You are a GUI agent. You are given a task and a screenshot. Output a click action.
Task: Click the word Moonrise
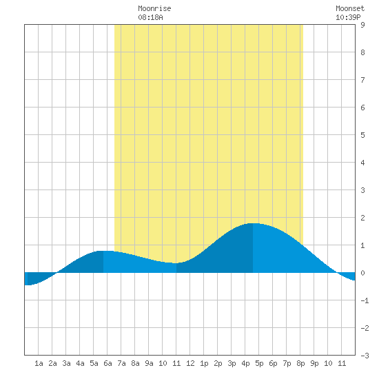pos(154,8)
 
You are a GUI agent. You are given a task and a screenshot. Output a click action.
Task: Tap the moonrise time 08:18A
pos(150,17)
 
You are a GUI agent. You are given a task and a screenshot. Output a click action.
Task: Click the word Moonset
pos(350,8)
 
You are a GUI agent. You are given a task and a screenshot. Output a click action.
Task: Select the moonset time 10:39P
pos(348,17)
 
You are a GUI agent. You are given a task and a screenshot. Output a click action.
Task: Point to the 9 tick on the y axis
pos(362,25)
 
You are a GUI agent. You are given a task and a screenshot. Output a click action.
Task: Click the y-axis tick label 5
pos(362,135)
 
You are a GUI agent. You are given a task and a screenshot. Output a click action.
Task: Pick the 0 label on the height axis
pos(362,273)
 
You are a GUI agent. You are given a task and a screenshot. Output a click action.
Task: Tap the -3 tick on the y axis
pos(365,356)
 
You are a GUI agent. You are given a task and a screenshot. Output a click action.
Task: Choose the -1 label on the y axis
pos(365,300)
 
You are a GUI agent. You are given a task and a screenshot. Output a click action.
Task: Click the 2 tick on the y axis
pos(362,218)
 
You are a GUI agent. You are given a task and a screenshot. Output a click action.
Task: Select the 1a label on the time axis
pos(39,363)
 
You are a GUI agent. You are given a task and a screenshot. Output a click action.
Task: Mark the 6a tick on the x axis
pos(107,363)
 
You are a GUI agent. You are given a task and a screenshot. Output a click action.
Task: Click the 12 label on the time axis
pos(190,363)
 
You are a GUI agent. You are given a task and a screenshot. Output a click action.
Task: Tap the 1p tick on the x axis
pos(204,363)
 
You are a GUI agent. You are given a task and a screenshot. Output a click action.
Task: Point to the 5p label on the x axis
pos(259,363)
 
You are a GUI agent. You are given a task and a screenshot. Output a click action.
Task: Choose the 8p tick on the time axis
pos(300,363)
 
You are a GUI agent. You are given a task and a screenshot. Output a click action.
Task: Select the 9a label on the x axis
pos(149,363)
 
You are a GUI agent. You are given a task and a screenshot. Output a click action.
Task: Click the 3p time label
pos(232,363)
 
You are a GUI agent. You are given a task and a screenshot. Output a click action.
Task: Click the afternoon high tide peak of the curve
pos(253,223)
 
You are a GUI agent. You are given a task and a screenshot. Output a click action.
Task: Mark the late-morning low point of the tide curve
pos(176,263)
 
